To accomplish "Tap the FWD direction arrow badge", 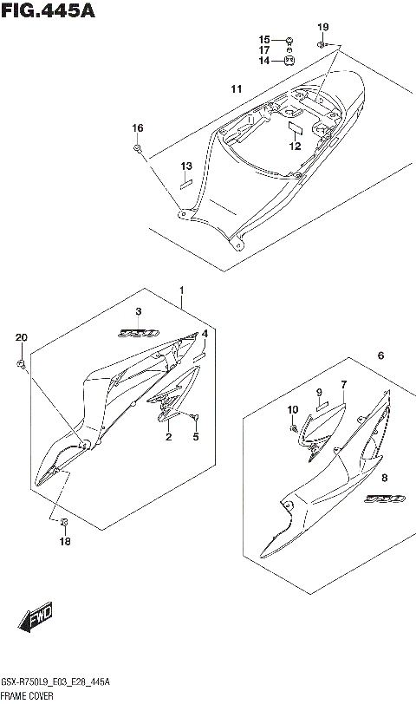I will coord(37,619).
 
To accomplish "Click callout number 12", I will coord(295,147).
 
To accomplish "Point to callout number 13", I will coord(185,166).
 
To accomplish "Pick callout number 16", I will coord(137,128).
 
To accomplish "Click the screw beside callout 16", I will coord(138,149).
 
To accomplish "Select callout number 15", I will coord(264,39).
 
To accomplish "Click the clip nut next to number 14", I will coord(290,61).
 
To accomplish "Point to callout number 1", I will coord(182,289).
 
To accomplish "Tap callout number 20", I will coord(22,337).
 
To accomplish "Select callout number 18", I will coord(65,542).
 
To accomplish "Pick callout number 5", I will coord(196,436).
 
